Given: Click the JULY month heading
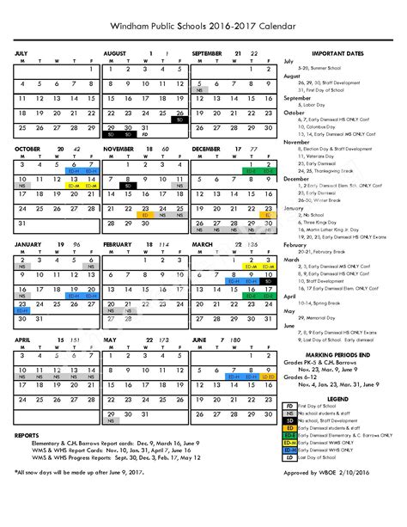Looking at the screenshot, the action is [x=21, y=53].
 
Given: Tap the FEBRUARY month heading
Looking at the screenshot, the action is [x=118, y=244].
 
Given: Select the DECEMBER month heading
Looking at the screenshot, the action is [x=209, y=149].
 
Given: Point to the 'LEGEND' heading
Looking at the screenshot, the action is [x=341, y=398].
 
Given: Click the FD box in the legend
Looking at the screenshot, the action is [x=290, y=406].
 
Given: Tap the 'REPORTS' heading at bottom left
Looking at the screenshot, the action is [x=27, y=435].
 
